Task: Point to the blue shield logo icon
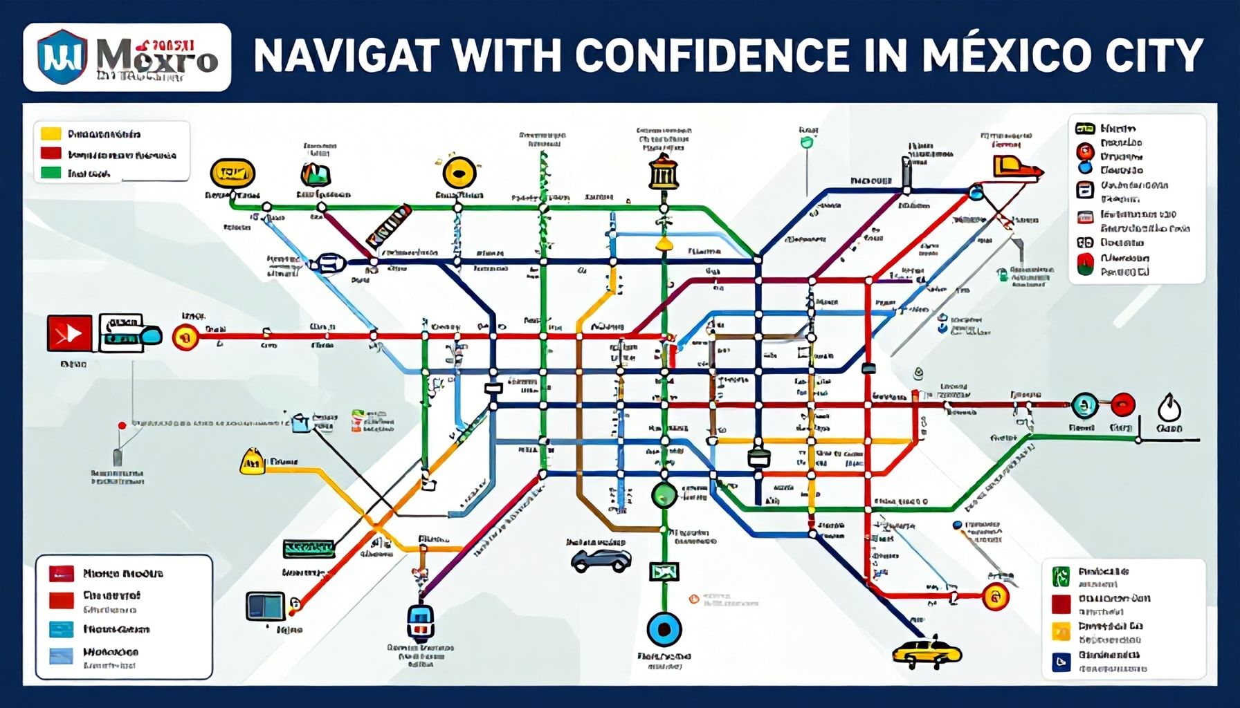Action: pos(62,57)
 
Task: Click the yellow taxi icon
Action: pos(926,651)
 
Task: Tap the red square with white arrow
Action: pos(69,333)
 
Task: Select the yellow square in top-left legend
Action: pos(51,133)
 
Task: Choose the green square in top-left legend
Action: pos(51,173)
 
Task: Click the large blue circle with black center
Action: pos(664,629)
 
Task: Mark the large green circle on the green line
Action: pos(664,494)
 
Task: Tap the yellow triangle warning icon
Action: pos(252,461)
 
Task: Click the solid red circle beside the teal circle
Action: pos(1122,404)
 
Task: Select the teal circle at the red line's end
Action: pos(1084,404)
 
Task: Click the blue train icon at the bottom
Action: pos(420,619)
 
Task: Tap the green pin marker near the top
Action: pos(806,143)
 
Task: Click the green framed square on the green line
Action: pos(664,571)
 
